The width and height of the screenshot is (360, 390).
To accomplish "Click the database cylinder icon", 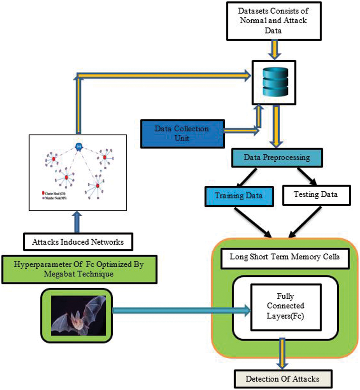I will coord(275,82).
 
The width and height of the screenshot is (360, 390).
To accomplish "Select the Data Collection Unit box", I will coord(182,134).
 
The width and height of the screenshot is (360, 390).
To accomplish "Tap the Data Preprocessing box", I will coord(277,158).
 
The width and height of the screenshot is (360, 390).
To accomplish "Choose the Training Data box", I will coord(239,196).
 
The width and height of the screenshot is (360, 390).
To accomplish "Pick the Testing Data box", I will coord(316,195).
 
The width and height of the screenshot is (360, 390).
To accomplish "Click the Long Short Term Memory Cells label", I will coord(285,257).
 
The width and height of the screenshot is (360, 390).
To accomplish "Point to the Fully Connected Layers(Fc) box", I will coord(286,307).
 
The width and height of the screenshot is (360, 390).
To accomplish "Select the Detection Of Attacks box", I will coord(283,379).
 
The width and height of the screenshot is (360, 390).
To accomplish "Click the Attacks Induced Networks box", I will coord(78,242).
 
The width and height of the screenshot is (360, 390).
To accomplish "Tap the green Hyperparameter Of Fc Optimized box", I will coord(79,269).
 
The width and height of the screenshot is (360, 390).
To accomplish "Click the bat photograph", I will coord(78,316).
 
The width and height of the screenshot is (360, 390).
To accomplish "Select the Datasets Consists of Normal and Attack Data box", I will coord(273,21).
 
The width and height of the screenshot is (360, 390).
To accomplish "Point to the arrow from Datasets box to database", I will coord(274,50).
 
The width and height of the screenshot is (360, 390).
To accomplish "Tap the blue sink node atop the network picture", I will coord(79,147).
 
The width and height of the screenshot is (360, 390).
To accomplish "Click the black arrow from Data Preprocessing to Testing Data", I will coord(307,176).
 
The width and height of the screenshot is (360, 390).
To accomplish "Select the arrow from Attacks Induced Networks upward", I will coord(77,222).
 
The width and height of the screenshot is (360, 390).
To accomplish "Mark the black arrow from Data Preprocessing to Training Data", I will coord(247,177).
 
